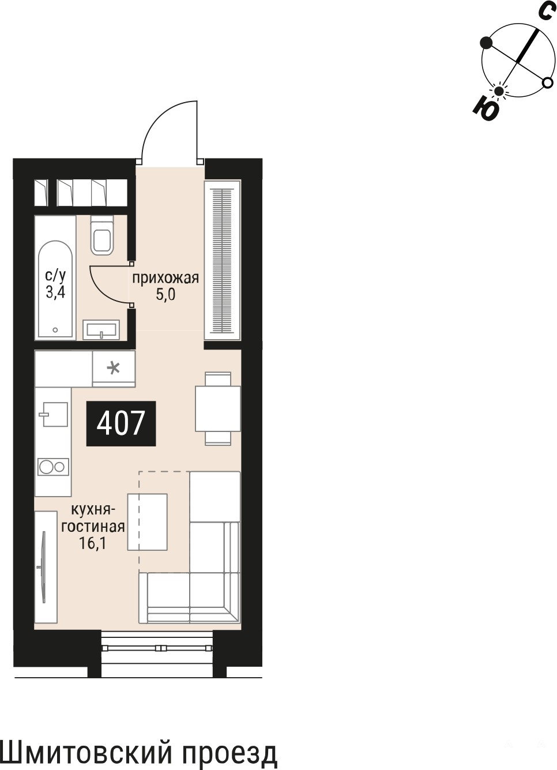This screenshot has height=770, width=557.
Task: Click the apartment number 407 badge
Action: pyautogui.click(x=121, y=423)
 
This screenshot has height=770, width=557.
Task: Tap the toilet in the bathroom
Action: pyautogui.click(x=102, y=235)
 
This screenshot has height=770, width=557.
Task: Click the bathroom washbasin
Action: pyautogui.click(x=101, y=330)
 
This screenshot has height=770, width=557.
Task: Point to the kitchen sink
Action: pyautogui.click(x=55, y=414)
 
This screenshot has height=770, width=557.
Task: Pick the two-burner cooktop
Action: pyautogui.click(x=53, y=467)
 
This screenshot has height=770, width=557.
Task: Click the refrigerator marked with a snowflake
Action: pyautogui.click(x=114, y=369)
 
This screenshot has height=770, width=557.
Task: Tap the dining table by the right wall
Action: pyautogui.click(x=218, y=408)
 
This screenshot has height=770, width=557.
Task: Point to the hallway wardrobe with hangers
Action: pyautogui.click(x=223, y=260)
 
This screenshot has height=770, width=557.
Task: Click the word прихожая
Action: pyautogui.click(x=165, y=278)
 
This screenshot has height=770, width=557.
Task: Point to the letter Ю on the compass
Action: pyautogui.click(x=486, y=110)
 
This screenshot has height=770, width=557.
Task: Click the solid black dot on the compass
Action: pyautogui.click(x=486, y=42)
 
